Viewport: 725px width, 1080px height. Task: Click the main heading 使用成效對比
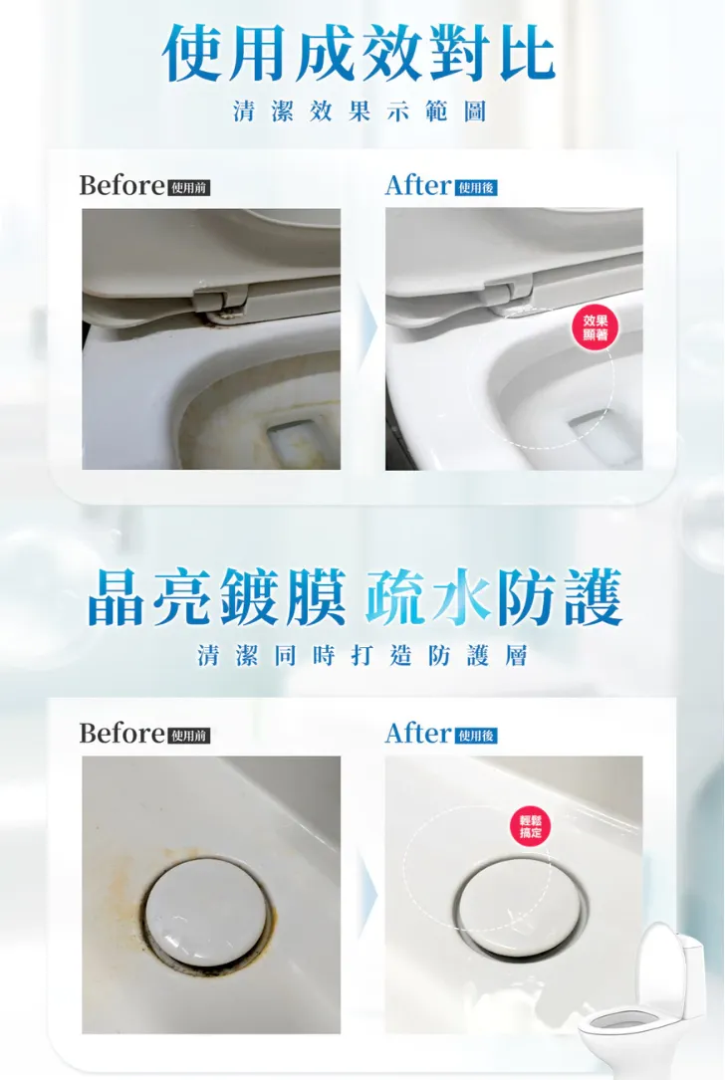coord(360,55)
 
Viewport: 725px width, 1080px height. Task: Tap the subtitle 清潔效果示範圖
coord(361,110)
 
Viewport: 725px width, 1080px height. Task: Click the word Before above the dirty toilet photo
coord(121,185)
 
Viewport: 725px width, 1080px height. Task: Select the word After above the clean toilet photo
coord(418,185)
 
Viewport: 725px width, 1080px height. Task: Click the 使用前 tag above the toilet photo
coord(189,187)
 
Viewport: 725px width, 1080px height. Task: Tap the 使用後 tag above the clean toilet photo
coord(476,187)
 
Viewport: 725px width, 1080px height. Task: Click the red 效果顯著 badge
coord(595,327)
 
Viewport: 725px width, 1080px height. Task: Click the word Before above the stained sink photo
coord(121,734)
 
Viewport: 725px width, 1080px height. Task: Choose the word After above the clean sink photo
coord(418,734)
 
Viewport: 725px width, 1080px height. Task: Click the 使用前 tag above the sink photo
coord(189,736)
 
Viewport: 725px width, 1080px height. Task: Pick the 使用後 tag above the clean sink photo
coord(476,736)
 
